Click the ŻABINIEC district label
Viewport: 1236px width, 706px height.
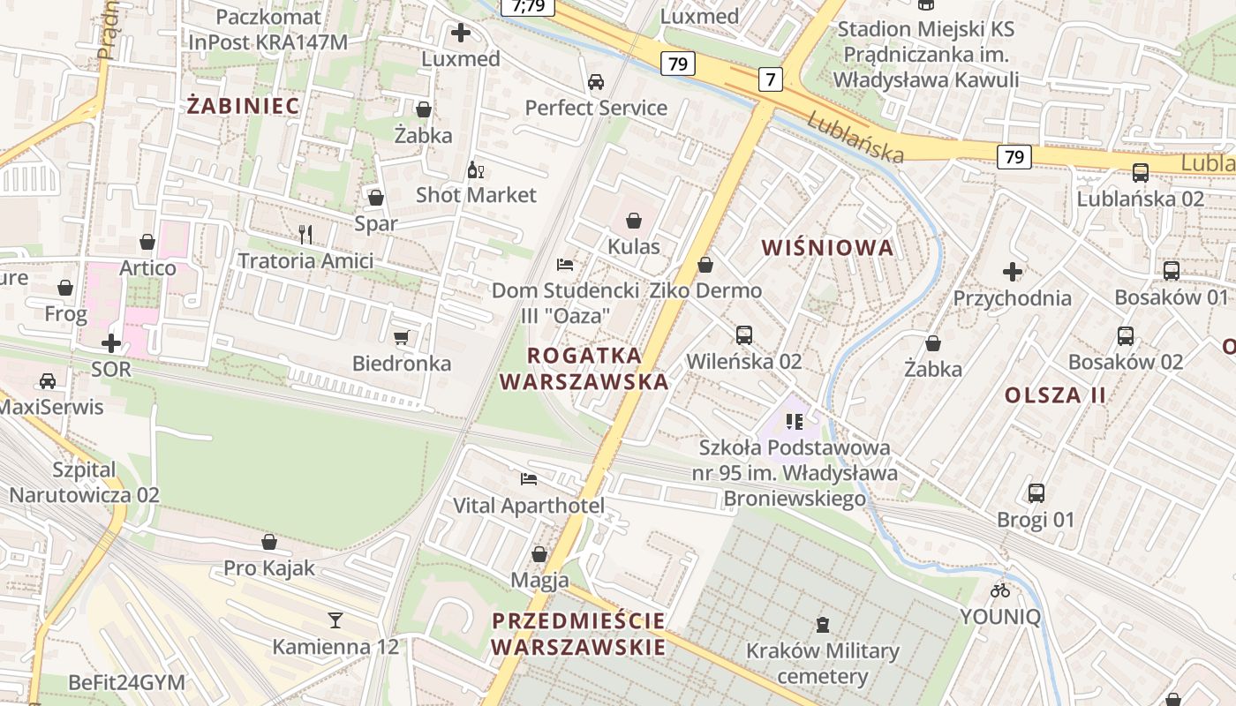tap(244, 106)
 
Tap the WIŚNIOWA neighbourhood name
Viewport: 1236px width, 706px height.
tap(827, 248)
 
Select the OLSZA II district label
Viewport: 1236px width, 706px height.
tap(1055, 394)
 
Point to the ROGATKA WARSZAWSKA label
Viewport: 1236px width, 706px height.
tap(584, 368)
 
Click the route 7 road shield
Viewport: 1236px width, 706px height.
tap(771, 79)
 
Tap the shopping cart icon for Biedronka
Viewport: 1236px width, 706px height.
tap(402, 337)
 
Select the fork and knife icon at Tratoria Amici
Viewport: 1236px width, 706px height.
tap(305, 234)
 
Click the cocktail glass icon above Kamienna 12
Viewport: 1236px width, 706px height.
tap(335, 620)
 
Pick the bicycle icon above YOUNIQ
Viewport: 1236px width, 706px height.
tap(999, 590)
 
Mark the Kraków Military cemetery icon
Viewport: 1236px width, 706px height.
tap(823, 625)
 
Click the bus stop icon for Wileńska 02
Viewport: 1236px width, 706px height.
tap(744, 335)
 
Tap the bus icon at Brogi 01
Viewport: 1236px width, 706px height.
tap(1036, 492)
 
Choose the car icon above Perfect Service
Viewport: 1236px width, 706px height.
tap(596, 82)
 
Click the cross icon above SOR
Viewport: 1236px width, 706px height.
tap(111, 342)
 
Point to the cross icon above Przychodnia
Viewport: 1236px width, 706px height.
tap(1013, 271)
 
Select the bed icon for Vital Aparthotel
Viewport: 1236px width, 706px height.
tap(529, 479)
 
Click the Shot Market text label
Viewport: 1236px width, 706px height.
tap(476, 195)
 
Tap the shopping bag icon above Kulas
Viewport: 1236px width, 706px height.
tap(633, 220)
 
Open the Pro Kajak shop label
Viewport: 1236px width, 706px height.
tap(269, 567)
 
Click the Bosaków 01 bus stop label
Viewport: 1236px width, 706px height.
tap(1171, 297)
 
